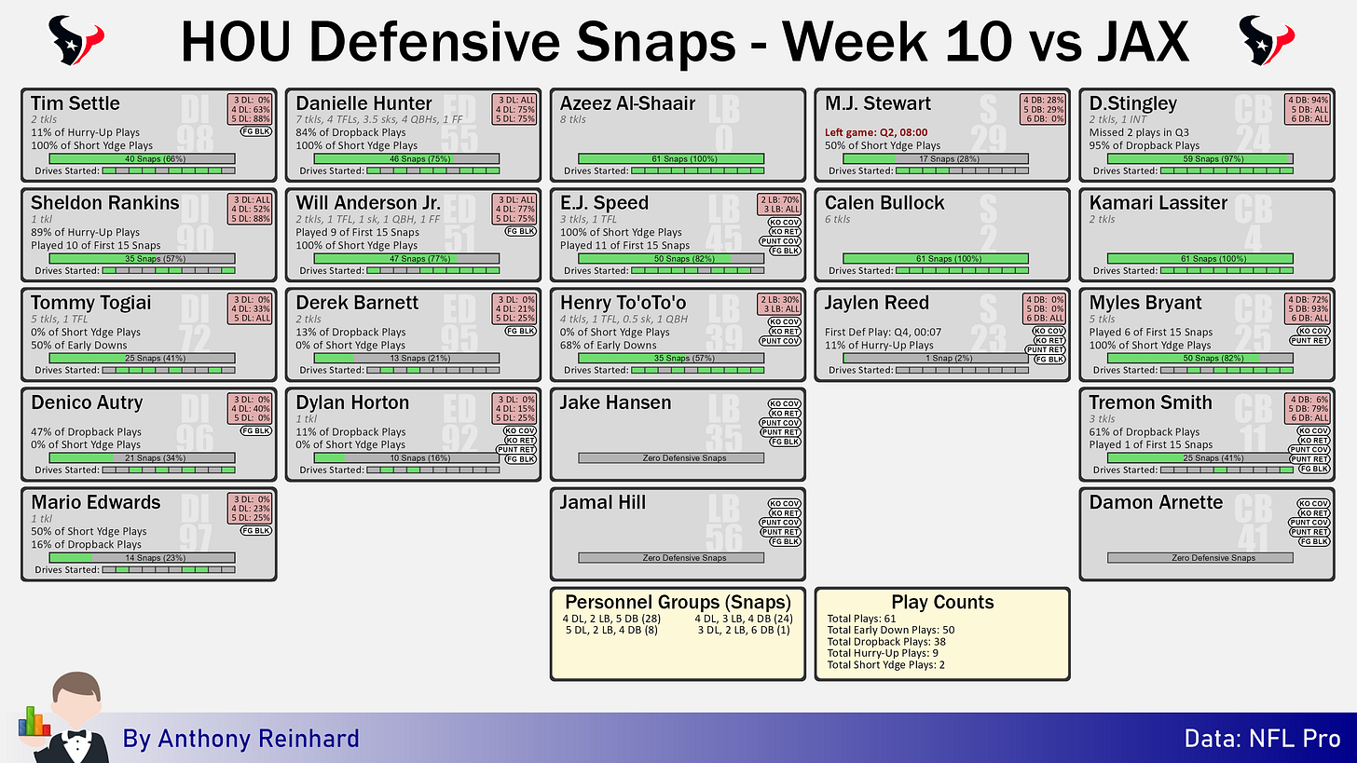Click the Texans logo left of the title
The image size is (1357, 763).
click(75, 40)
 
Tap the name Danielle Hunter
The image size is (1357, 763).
click(363, 102)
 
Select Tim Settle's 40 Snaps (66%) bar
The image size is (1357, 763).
click(142, 158)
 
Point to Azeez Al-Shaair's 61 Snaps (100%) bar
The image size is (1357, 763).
click(671, 158)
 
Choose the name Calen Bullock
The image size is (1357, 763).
click(884, 203)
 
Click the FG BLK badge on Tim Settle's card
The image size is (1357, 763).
click(256, 131)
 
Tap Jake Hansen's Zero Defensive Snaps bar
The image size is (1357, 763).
click(671, 457)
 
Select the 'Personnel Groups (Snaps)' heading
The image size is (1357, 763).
click(678, 602)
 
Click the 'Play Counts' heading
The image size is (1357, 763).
click(942, 602)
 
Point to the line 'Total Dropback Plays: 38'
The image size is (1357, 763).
click(886, 642)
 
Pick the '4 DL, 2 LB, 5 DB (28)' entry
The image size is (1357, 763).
click(611, 619)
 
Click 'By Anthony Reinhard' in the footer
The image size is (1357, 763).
click(240, 739)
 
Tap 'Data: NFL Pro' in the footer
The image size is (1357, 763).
click(1262, 739)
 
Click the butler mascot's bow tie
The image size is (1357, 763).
click(76, 735)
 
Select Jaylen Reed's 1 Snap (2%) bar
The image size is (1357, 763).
click(936, 359)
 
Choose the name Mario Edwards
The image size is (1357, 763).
click(96, 503)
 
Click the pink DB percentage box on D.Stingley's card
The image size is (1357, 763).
click(1308, 110)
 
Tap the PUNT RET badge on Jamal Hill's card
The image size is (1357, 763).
click(780, 532)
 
